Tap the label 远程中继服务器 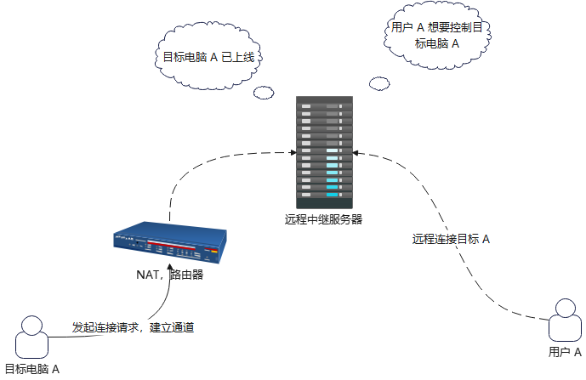(324, 219)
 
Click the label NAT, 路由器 (170, 275)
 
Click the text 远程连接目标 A (451, 239)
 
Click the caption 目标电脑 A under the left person (32, 369)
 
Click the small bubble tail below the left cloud (265, 91)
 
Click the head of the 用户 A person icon (566, 307)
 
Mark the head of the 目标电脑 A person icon (31, 324)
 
